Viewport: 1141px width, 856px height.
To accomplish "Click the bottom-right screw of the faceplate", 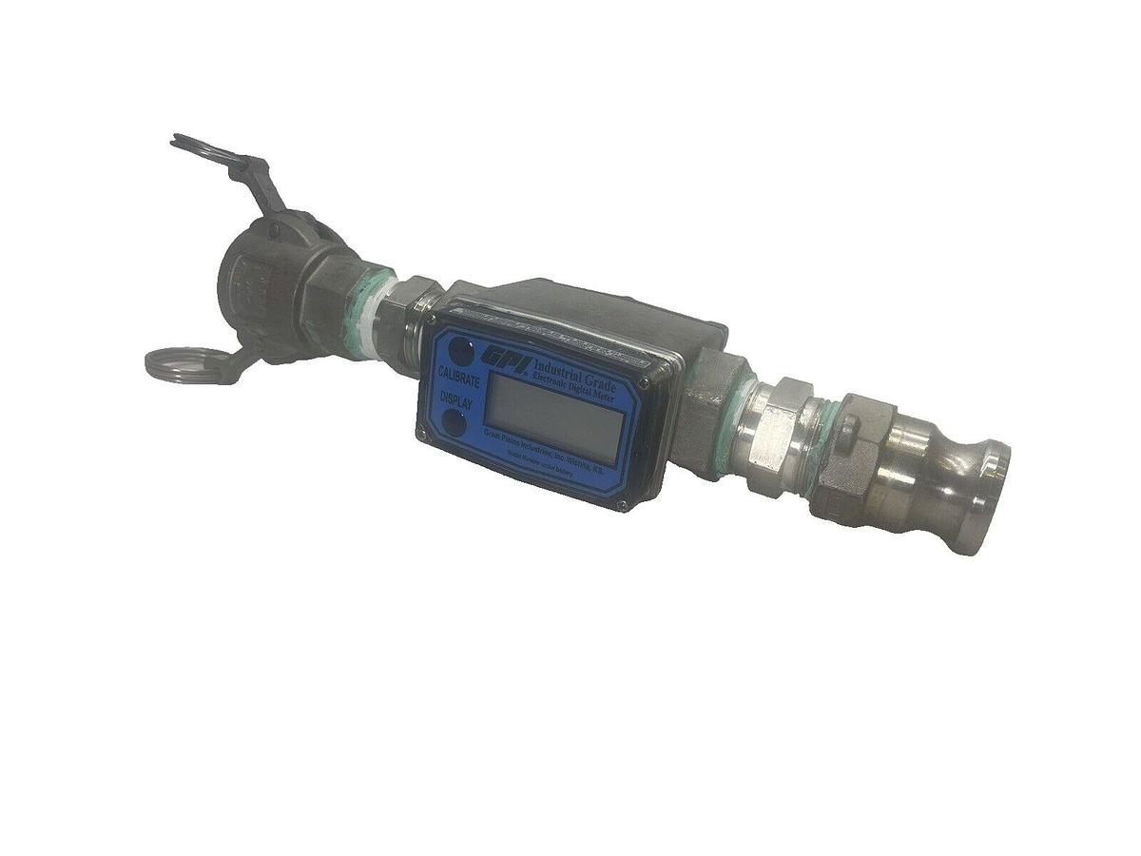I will (x=622, y=503).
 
